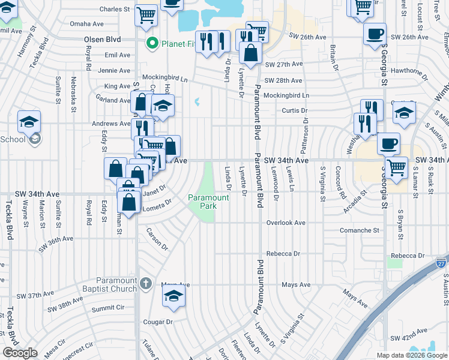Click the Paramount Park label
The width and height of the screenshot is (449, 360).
click(208, 202)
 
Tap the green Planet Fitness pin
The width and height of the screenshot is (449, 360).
click(153, 43)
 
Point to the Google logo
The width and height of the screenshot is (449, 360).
click(20, 353)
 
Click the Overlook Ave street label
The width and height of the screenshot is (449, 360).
click(286, 223)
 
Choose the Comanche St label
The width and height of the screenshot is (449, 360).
click(360, 230)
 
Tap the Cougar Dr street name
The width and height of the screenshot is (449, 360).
click(158, 322)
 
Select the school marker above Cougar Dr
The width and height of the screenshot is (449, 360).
click(173, 296)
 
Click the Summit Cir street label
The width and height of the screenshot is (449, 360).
click(108, 308)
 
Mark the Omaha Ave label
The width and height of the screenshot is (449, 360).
click(87, 24)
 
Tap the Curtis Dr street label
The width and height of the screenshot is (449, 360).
click(295, 110)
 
